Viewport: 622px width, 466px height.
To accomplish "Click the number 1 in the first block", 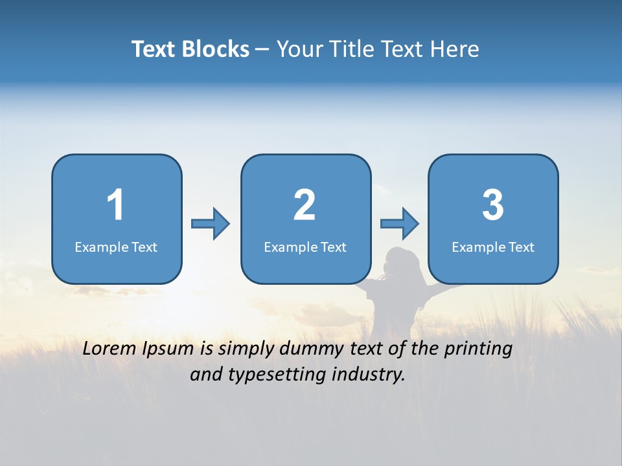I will (115, 205).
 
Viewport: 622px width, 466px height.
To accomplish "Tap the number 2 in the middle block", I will (305, 205).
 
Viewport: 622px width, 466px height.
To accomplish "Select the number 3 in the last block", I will (492, 205).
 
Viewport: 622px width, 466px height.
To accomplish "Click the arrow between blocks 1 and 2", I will (211, 224).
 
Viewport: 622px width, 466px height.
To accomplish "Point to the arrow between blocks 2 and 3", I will (400, 224).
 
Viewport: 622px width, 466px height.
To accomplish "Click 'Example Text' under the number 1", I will (116, 247).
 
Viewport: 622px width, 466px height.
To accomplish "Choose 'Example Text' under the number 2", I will (305, 247).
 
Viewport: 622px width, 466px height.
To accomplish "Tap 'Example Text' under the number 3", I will (493, 247).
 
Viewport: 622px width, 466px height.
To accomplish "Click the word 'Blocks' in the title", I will (216, 49).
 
